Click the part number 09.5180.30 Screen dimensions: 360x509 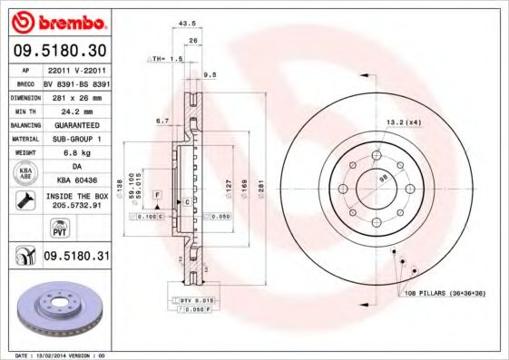pos(58,50)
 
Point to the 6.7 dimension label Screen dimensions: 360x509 pos(162,120)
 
